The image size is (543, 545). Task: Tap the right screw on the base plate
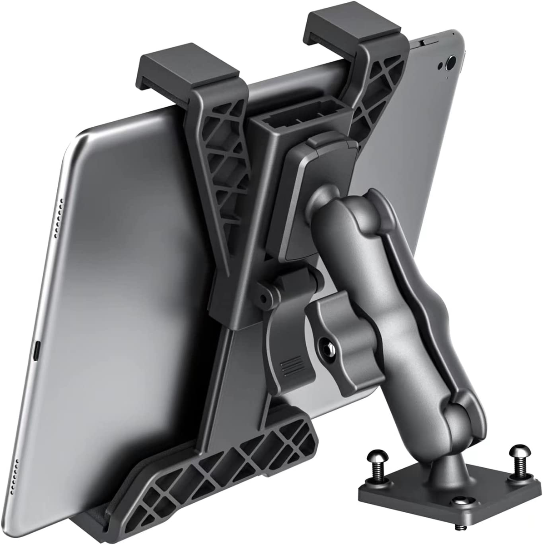coord(517,454)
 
